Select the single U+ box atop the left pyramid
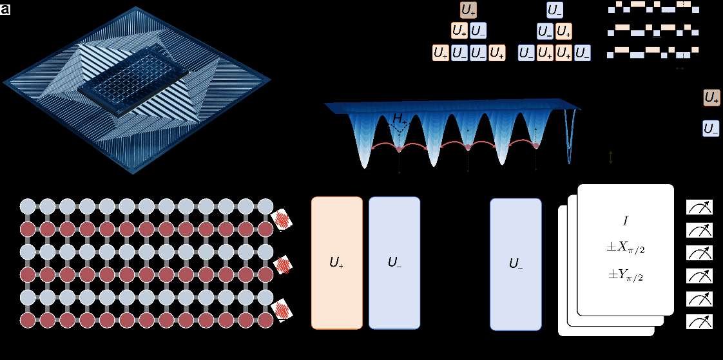468,10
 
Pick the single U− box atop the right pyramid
555,10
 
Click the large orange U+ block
336,263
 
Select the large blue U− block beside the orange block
394,263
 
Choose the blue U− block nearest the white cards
516,263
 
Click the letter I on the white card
625,221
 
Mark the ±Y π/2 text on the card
625,276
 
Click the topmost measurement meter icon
700,207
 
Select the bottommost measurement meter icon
700,321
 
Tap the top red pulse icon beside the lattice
282,220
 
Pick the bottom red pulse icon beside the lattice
282,310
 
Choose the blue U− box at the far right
711,129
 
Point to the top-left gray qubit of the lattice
28,207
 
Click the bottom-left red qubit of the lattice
28,320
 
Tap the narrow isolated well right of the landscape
569,138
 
